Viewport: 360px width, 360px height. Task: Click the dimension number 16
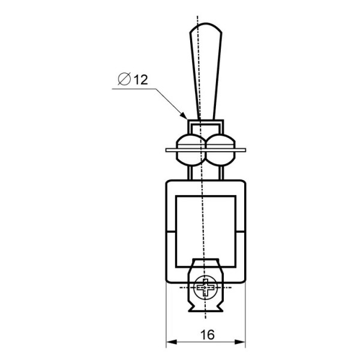pos(208,335)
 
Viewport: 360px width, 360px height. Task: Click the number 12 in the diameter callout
pos(141,80)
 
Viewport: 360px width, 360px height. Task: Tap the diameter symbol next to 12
pos(124,79)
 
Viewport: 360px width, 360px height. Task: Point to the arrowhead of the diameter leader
pos(184,116)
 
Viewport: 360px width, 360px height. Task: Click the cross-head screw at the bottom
pos(205,287)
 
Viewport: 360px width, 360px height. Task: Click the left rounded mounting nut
pos(191,150)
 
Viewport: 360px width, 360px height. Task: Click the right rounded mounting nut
pos(221,150)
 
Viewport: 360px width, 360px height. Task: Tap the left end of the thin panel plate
pos(166,150)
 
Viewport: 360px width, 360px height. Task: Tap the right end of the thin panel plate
pos(245,150)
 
